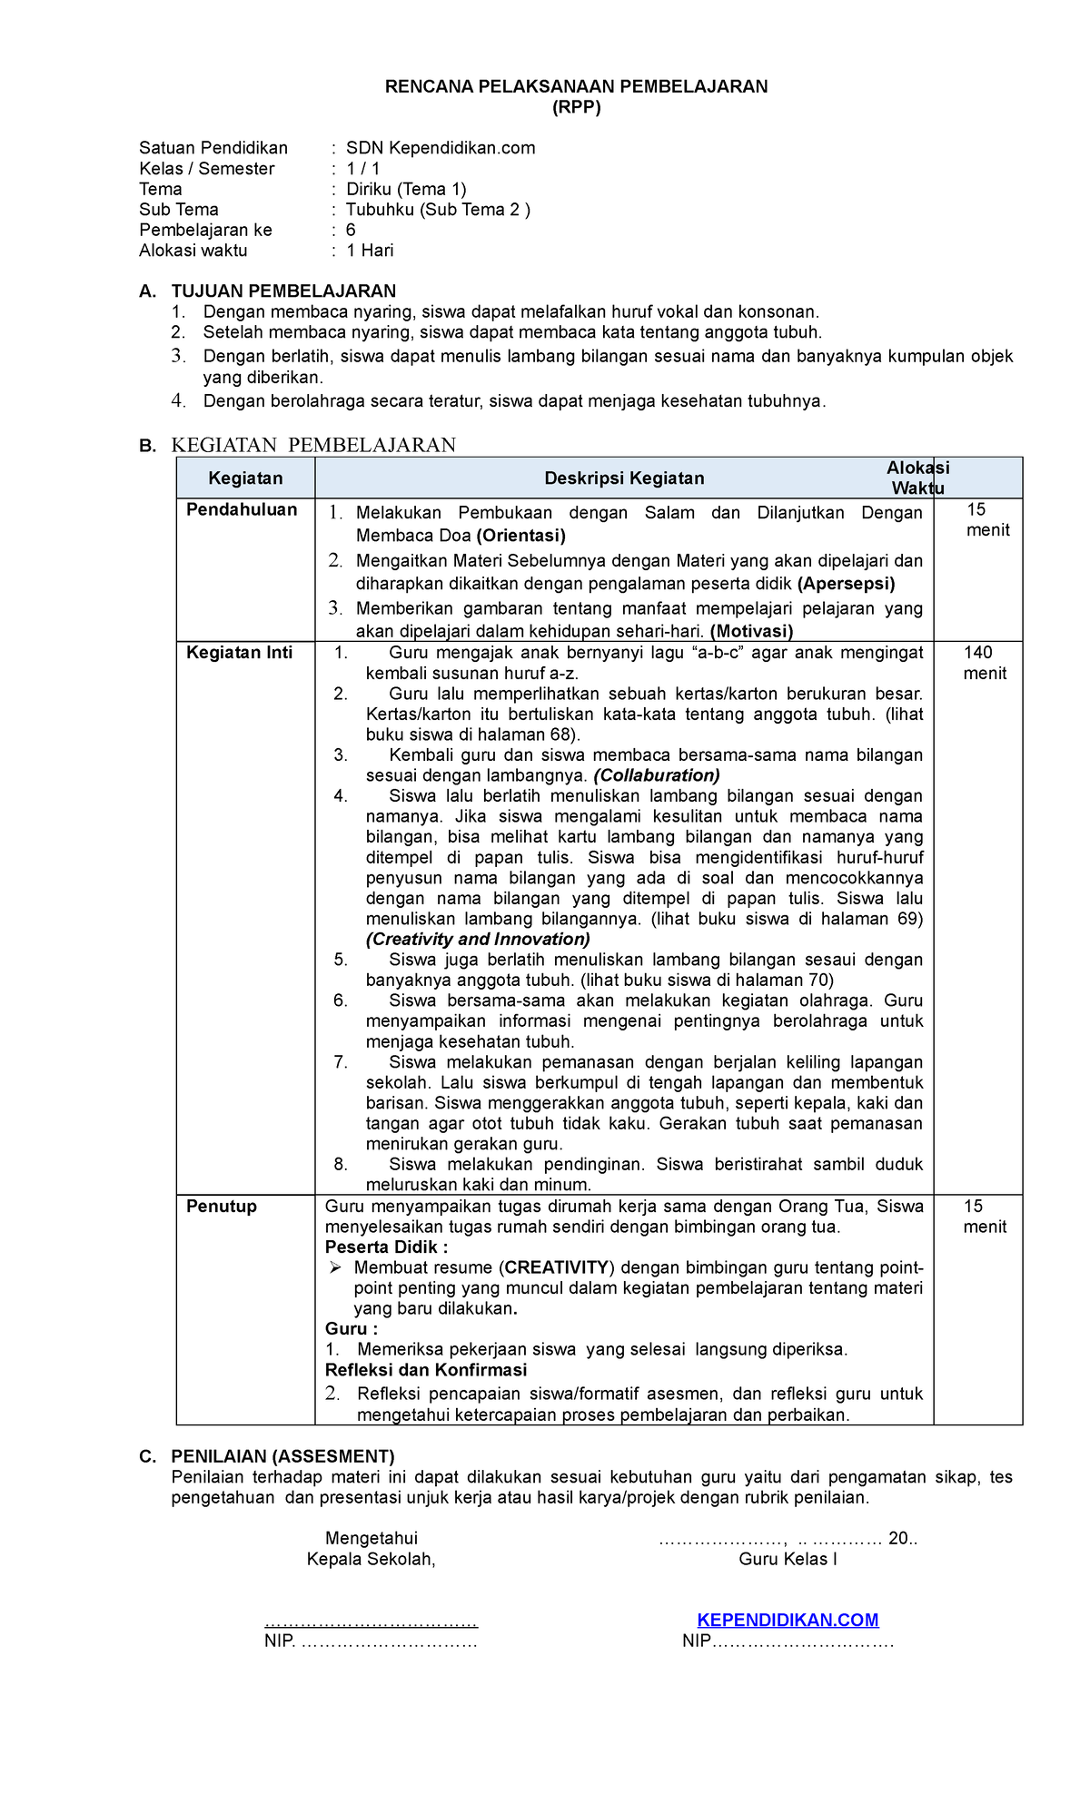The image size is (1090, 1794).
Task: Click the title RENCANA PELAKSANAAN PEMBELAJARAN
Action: (576, 87)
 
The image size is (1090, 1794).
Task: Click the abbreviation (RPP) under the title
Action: (577, 108)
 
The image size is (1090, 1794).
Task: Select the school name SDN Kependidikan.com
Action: (441, 148)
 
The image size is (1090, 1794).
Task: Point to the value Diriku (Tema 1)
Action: (406, 189)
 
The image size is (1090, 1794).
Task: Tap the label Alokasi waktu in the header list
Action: (193, 251)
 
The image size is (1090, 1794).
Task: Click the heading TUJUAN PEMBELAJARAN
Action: (283, 291)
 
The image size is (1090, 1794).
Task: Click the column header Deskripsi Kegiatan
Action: (624, 478)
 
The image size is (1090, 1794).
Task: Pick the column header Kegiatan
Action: (245, 478)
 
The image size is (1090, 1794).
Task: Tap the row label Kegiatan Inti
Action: (239, 653)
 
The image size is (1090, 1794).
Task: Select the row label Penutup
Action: (222, 1207)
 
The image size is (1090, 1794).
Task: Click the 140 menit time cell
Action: (984, 663)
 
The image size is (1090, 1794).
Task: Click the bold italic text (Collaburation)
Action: (657, 775)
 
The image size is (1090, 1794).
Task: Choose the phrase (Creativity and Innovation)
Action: (478, 940)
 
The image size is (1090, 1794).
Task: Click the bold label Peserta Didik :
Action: (386, 1247)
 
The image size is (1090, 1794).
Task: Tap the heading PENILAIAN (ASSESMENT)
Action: (282, 1457)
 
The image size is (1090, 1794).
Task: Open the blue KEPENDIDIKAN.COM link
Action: (788, 1621)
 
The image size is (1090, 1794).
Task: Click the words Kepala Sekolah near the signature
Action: (371, 1560)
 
